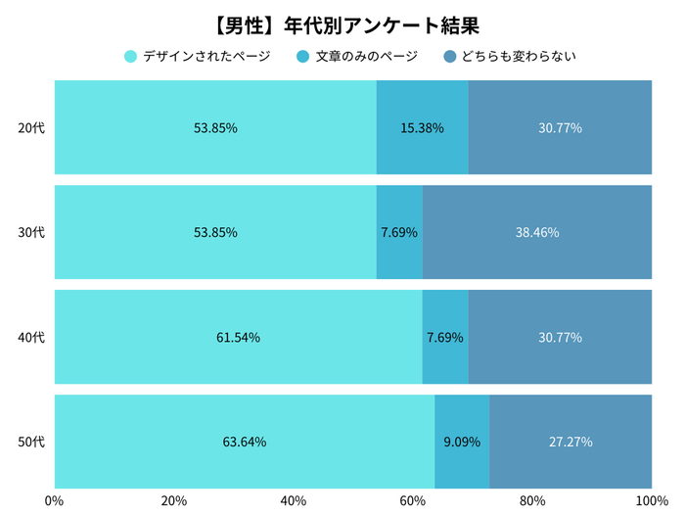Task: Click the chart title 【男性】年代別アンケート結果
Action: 342,23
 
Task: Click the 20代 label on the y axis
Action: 32,127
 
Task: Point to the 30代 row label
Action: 32,232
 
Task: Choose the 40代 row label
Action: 32,337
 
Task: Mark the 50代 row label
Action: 32,442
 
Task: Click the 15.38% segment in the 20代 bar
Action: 423,127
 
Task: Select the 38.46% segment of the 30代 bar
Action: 536,232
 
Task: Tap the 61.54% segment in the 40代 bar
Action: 238,337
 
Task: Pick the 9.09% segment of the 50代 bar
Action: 462,442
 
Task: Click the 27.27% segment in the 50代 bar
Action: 571,442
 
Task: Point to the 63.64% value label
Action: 245,442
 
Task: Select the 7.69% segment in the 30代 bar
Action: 399,232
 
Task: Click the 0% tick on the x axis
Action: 55,501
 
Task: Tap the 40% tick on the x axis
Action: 294,501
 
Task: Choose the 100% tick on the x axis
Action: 651,501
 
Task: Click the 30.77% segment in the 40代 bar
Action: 560,337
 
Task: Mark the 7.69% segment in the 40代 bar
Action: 445,337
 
